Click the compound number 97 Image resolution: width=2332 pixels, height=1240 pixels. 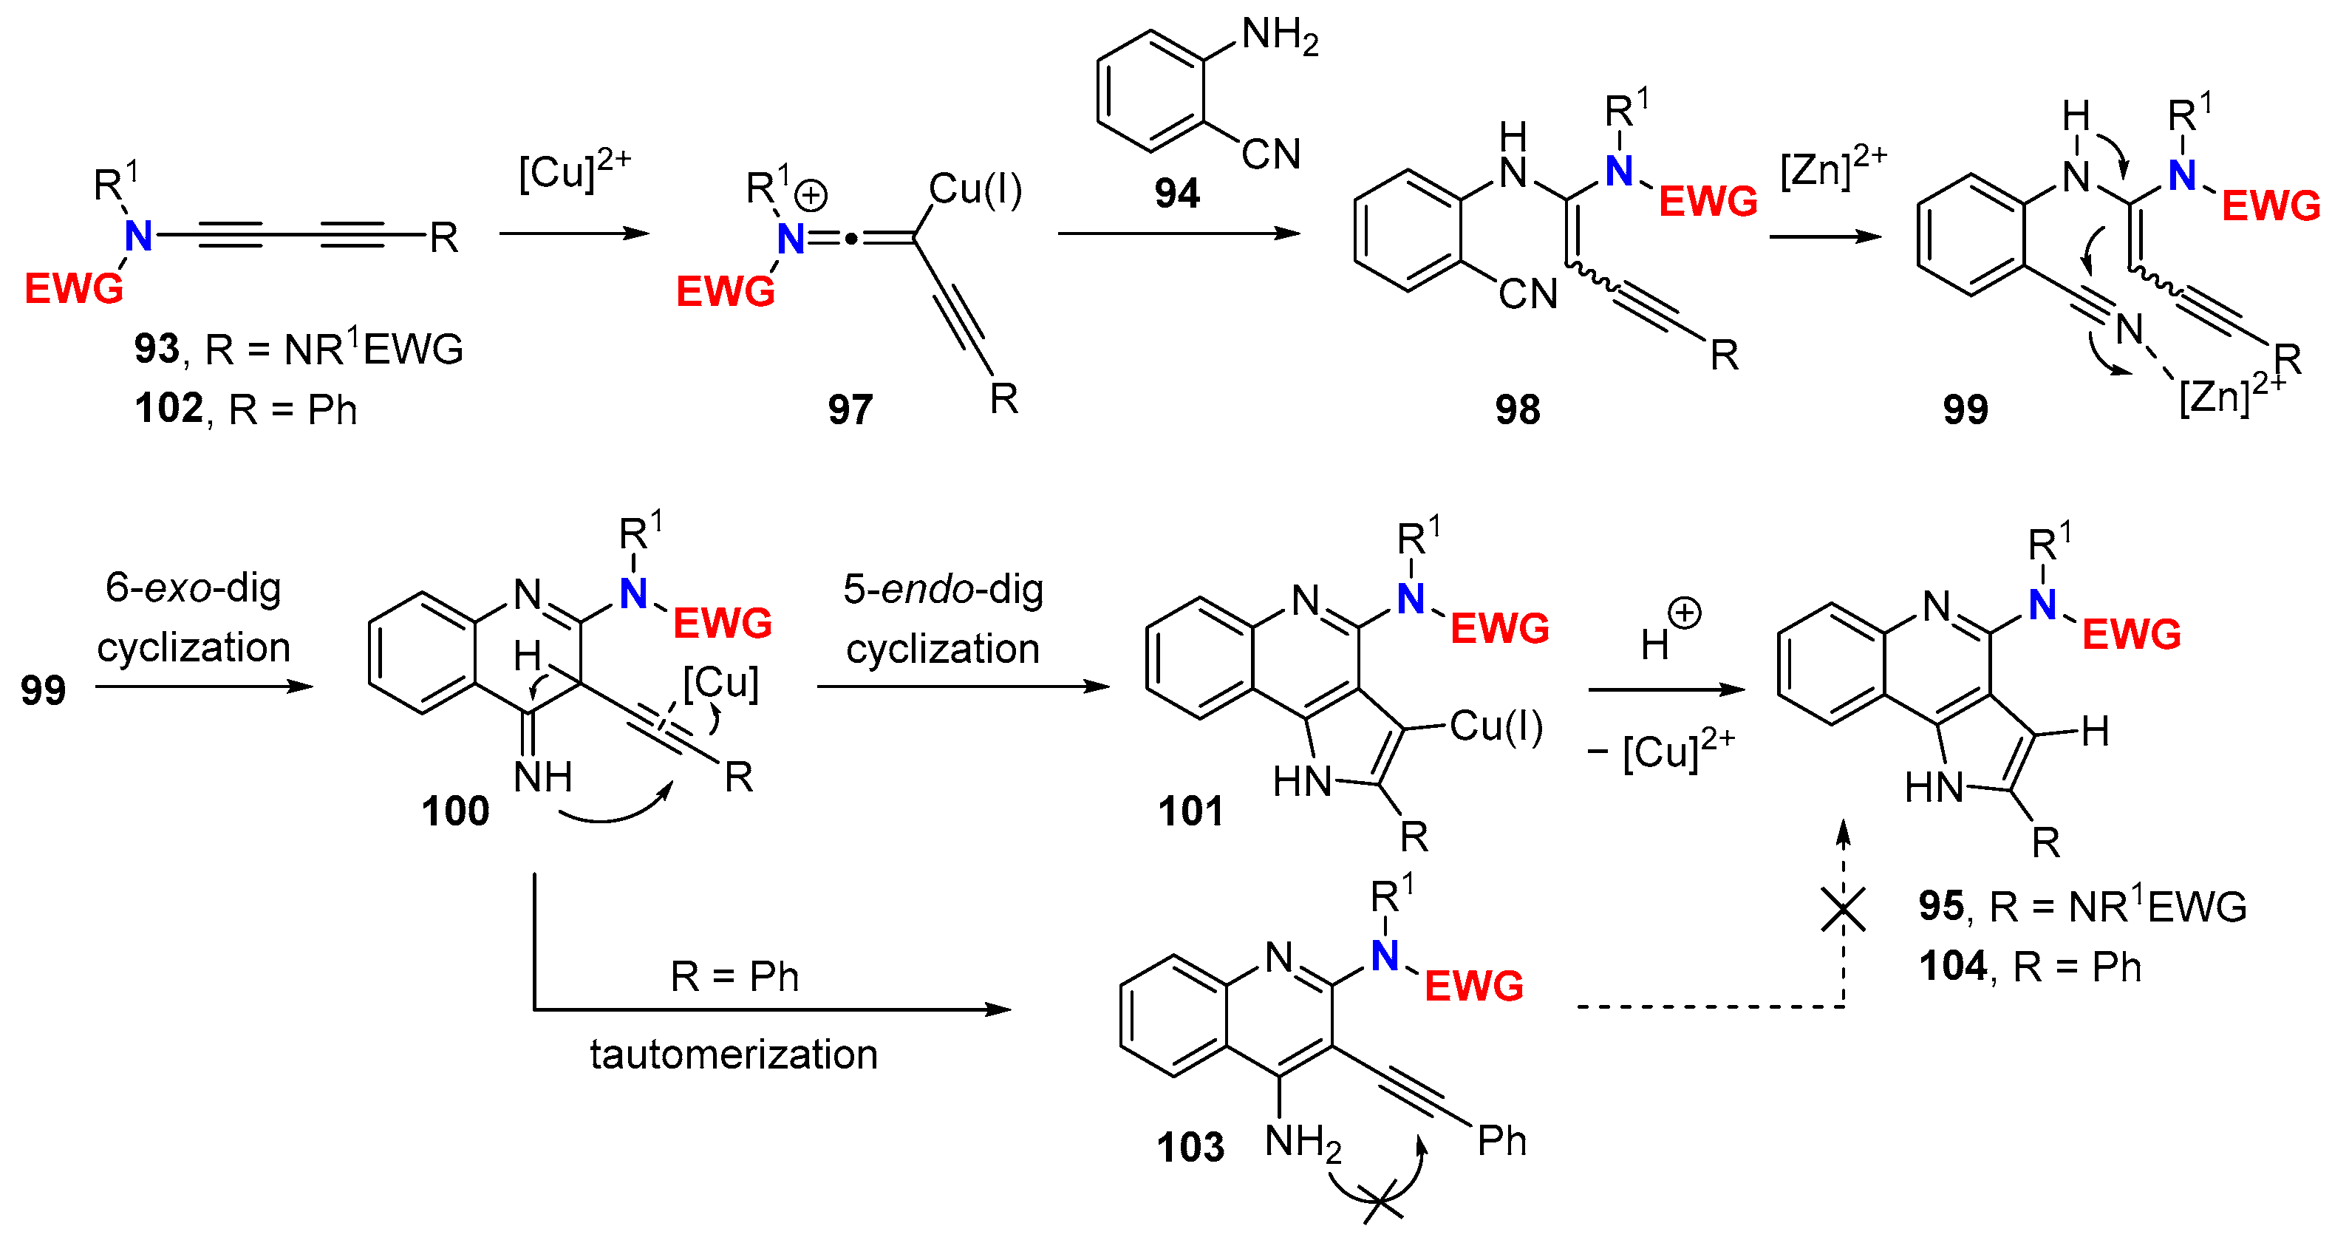(x=849, y=409)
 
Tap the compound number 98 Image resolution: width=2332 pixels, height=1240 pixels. (x=1517, y=409)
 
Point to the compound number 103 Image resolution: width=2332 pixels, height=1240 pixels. (x=1190, y=1148)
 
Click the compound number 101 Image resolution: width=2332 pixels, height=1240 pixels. (x=1190, y=811)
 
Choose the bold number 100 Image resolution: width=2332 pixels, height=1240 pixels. (x=454, y=811)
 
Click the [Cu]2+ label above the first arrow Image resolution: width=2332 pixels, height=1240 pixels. (x=573, y=169)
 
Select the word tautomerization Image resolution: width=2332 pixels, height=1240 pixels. (x=733, y=1055)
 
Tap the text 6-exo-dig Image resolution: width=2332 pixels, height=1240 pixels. (x=193, y=588)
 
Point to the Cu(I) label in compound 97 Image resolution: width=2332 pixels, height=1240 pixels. (x=975, y=189)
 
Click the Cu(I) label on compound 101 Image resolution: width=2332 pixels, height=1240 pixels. (x=1496, y=726)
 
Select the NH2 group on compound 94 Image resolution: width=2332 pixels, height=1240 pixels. (x=1279, y=36)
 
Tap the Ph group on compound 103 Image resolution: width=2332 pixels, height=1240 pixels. (x=1501, y=1140)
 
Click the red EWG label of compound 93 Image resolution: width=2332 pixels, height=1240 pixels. (x=73, y=290)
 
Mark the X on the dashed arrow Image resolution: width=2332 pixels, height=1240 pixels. (x=1843, y=909)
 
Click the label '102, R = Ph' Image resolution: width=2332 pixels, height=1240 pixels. (x=245, y=409)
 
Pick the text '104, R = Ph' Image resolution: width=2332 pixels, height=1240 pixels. (x=2030, y=967)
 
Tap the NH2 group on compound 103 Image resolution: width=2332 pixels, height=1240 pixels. (x=1302, y=1142)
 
